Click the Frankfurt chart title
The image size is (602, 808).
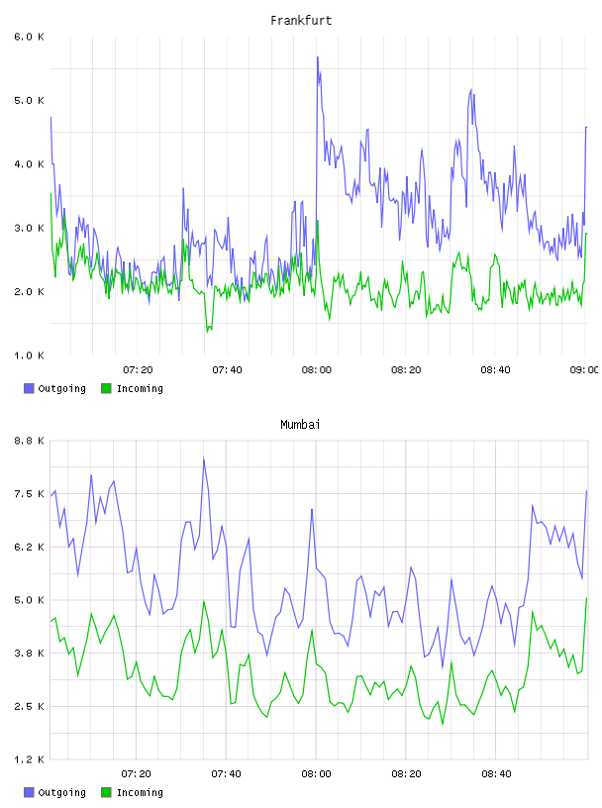301,20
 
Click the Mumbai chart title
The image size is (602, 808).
300,424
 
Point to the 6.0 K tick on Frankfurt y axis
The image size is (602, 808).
29,37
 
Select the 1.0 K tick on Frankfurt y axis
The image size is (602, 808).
29,355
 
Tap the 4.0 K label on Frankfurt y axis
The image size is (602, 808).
29,163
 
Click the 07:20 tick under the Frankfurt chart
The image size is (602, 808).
138,369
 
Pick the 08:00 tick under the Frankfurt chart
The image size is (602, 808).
317,369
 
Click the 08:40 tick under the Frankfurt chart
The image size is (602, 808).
495,369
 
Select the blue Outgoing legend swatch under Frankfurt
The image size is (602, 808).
29,388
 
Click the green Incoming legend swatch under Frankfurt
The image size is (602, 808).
106,388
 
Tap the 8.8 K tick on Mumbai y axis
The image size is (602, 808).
29,441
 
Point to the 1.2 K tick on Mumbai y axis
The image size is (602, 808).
29,759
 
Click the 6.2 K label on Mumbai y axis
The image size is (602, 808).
29,547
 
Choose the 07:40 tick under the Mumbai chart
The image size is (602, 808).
227,773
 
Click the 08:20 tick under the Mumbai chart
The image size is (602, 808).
406,773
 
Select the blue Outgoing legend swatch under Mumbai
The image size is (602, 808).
29,792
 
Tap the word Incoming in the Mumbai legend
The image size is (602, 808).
140,792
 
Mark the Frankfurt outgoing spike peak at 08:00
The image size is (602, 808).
318,57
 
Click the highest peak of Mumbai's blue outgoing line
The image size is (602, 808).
204,458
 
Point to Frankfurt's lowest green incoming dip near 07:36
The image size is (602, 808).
208,332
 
